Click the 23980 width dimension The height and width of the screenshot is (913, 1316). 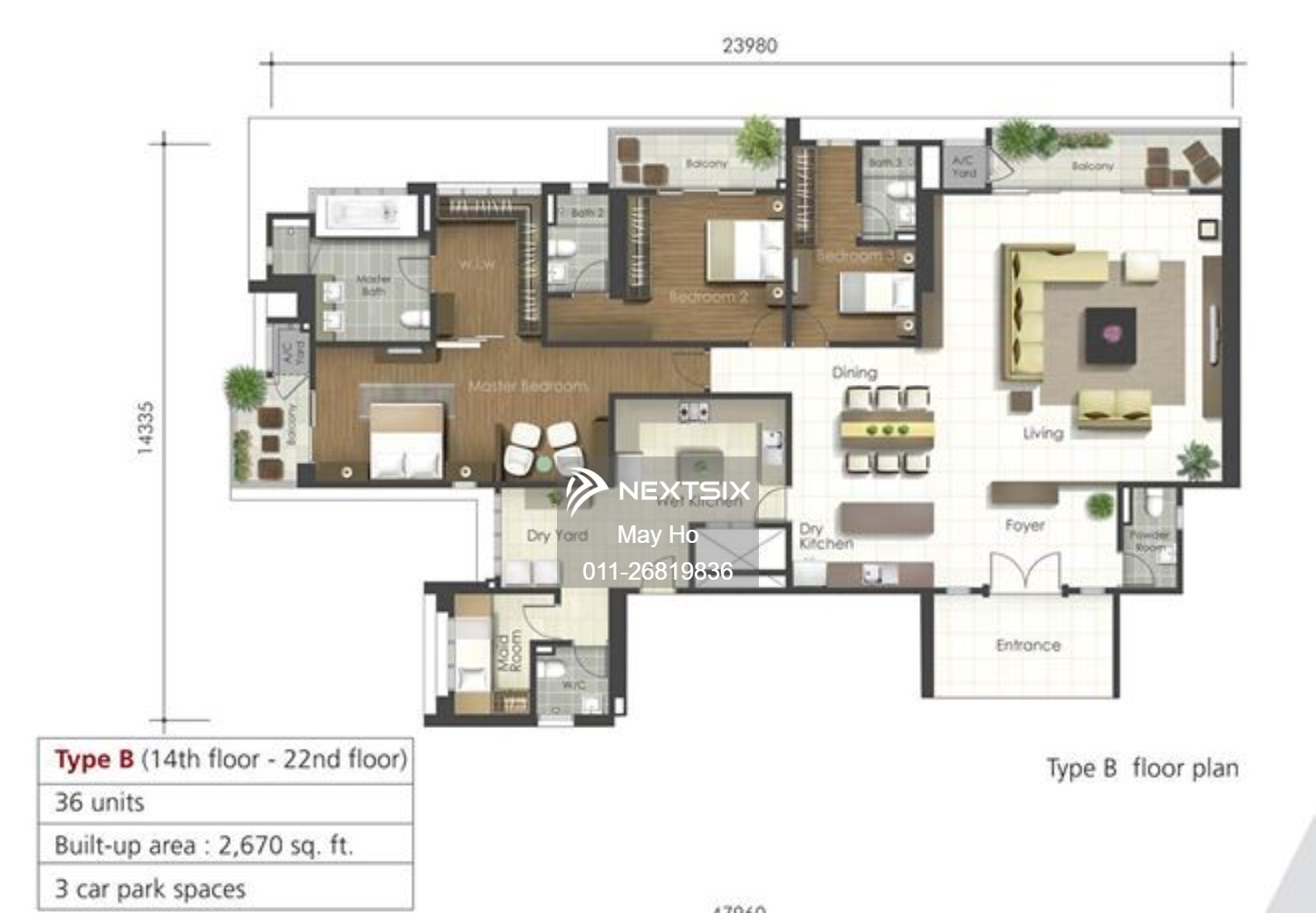pyautogui.click(x=749, y=46)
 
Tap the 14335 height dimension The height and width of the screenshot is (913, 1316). pyautogui.click(x=146, y=428)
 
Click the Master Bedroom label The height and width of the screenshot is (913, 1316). pyautogui.click(x=527, y=386)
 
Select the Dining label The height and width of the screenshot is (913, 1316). pyautogui.click(x=855, y=373)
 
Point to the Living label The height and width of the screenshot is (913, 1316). pyautogui.click(x=1043, y=433)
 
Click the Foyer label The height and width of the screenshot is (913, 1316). pyautogui.click(x=1025, y=525)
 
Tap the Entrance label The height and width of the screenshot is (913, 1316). pyautogui.click(x=1028, y=646)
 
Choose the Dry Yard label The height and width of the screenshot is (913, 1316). pyautogui.click(x=556, y=535)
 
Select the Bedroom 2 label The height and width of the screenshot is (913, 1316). pyautogui.click(x=708, y=296)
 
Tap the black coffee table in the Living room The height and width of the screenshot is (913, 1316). pyautogui.click(x=1111, y=334)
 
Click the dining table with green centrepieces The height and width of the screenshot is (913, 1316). pyautogui.click(x=886, y=431)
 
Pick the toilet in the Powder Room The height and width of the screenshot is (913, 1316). pyautogui.click(x=1153, y=503)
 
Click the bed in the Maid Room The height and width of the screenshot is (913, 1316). pyautogui.click(x=472, y=653)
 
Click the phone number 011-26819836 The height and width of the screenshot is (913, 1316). pyautogui.click(x=657, y=572)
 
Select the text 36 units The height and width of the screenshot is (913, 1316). pyautogui.click(x=99, y=802)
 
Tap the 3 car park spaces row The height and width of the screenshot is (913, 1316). pyautogui.click(x=150, y=888)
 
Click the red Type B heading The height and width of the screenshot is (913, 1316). pyautogui.click(x=94, y=760)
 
